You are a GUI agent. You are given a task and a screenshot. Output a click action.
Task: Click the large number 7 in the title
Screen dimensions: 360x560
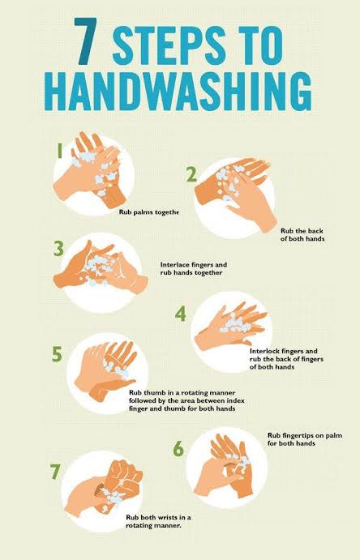[86, 41]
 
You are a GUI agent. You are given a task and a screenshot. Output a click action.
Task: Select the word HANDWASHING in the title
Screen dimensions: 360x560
[179, 91]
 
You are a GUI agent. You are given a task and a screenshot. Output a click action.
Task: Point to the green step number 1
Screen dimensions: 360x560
[60, 150]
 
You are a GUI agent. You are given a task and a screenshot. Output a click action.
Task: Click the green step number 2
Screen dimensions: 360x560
[191, 175]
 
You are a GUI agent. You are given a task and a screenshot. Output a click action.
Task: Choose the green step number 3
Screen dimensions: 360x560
[59, 249]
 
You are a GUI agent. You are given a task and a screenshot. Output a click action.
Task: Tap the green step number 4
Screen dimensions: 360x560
[181, 314]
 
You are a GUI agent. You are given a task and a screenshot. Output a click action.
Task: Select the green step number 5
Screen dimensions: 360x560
[57, 354]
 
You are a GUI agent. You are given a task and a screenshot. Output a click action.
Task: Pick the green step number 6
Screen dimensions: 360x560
[178, 449]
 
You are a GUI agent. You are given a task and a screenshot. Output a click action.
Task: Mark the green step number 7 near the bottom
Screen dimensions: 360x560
[54, 472]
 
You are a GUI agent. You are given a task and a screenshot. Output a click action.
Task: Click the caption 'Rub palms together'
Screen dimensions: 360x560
[148, 212]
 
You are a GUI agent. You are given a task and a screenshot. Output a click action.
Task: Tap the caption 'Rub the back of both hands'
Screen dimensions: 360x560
[302, 235]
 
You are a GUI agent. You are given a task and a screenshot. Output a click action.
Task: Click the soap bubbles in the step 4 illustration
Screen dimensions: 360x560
[235, 323]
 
